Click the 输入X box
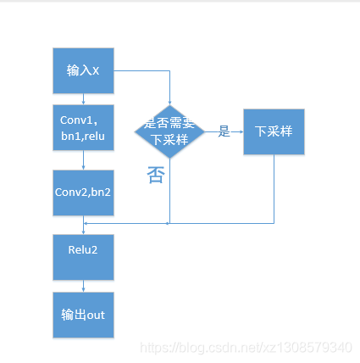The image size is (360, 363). [x=83, y=70]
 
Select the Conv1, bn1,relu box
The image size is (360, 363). [x=83, y=127]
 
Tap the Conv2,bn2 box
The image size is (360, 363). [x=83, y=193]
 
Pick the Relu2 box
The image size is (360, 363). [x=83, y=257]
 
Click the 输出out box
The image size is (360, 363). [x=83, y=315]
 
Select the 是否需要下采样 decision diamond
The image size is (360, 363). [x=169, y=131]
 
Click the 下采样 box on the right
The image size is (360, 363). [x=274, y=131]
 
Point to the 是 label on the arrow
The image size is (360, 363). [x=224, y=131]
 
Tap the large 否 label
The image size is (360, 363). [x=156, y=175]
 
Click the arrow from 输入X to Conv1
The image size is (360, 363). [x=83, y=99]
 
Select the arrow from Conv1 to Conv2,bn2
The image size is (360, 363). [x=83, y=160]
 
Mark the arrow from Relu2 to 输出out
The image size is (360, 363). [x=83, y=286]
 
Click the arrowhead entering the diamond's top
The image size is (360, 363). [x=169, y=103]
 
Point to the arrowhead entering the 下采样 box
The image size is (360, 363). [x=241, y=131]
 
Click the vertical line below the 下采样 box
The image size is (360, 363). [x=274, y=189]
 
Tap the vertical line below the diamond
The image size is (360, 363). [x=169, y=191]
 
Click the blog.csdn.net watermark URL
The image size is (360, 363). [x=246, y=348]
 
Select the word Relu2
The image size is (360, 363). [x=83, y=250]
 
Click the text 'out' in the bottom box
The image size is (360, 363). [x=96, y=316]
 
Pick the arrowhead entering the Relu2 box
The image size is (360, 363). [x=83, y=232]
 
